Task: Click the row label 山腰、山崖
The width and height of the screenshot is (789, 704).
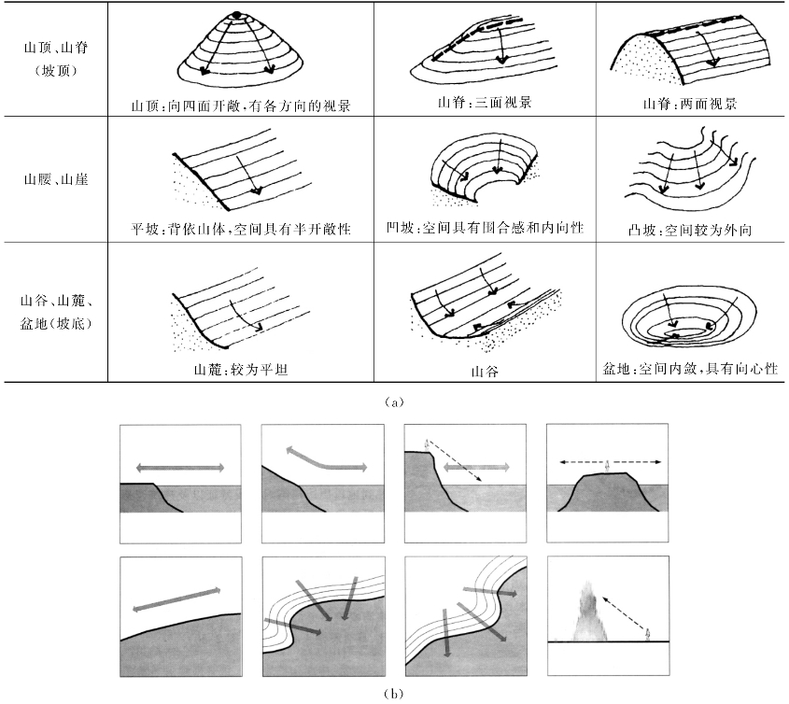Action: (56, 179)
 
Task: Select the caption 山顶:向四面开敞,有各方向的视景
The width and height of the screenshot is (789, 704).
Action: (241, 106)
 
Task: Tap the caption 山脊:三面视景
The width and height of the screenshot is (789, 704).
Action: (485, 103)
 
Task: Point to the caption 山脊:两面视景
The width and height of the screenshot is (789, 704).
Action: (690, 104)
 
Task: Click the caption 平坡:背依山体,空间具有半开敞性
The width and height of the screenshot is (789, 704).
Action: (241, 229)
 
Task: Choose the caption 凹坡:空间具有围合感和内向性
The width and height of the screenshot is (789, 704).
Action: (485, 228)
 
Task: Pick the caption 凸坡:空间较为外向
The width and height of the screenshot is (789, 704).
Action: (690, 230)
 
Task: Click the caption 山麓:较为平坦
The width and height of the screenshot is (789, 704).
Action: (241, 370)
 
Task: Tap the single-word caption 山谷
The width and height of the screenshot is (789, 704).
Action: (485, 372)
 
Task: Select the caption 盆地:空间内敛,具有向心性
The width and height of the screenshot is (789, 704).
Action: (690, 369)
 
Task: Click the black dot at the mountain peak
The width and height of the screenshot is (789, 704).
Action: (236, 15)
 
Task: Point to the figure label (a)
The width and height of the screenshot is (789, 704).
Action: (393, 402)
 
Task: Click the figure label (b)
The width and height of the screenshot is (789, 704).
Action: (393, 694)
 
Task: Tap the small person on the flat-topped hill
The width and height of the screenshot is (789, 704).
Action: (608, 466)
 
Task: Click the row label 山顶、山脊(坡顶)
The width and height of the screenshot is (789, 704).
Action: (56, 59)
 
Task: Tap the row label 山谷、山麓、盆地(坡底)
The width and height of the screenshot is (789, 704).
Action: (56, 312)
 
